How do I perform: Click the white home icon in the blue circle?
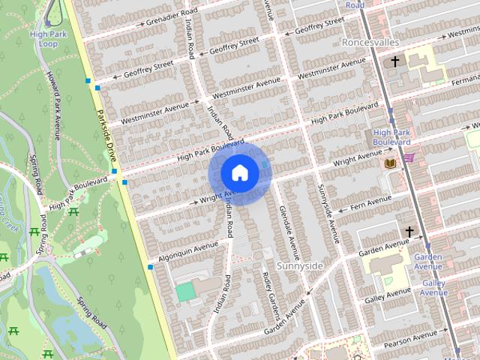click(x=239, y=173)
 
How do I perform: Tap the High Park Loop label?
click(x=49, y=39)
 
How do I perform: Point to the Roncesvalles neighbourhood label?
click(x=369, y=43)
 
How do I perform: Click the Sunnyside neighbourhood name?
click(x=299, y=265)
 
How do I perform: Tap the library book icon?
click(x=389, y=163)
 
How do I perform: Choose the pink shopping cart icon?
click(x=409, y=157)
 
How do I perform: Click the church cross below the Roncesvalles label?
click(x=393, y=61)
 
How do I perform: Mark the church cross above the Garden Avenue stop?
click(x=409, y=231)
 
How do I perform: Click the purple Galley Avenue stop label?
click(x=433, y=288)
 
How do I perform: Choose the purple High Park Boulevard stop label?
click(x=391, y=137)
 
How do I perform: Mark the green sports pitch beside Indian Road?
click(x=184, y=292)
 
